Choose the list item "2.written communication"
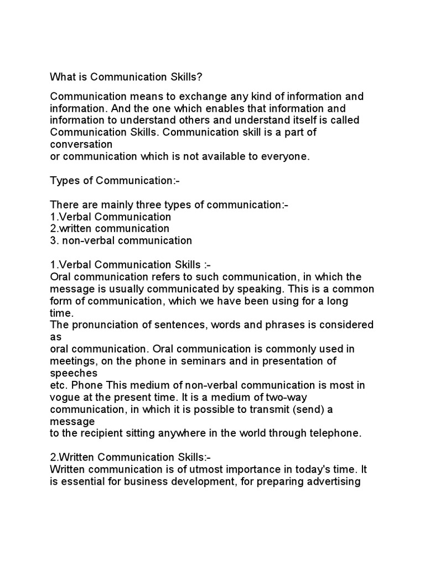[x=110, y=228]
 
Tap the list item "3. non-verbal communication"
[x=121, y=240]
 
